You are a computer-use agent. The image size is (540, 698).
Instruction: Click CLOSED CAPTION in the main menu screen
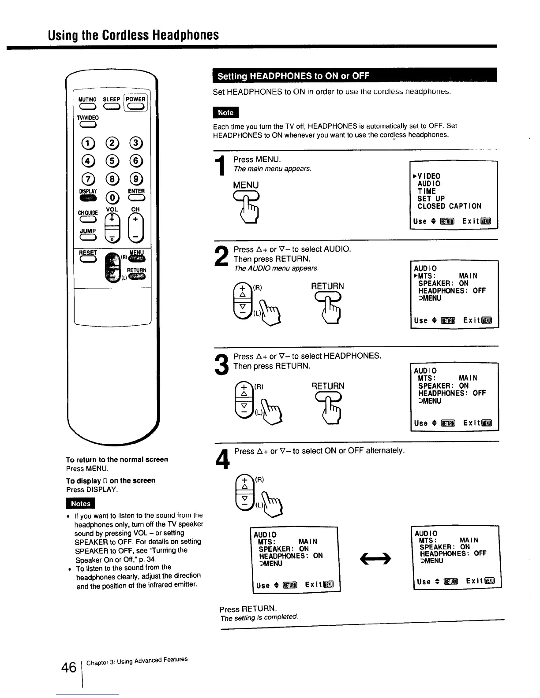point(449,206)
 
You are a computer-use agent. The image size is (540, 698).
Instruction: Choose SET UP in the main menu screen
point(431,199)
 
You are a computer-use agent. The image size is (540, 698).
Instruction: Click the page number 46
point(69,668)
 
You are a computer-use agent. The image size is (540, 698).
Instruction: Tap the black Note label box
point(225,113)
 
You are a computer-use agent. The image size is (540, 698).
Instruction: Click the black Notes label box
point(80,504)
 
